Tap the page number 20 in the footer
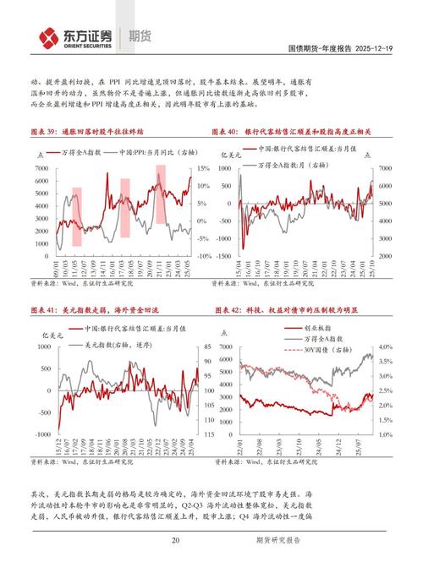coord(175,542)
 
